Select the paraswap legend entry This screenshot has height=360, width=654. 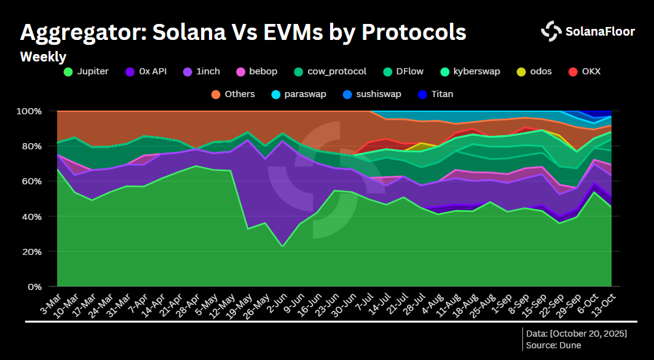point(298,94)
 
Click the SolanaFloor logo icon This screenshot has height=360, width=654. point(551,31)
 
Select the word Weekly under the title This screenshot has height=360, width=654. point(43,57)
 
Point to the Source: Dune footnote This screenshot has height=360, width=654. point(553,345)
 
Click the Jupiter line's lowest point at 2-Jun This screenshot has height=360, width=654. point(282,246)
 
